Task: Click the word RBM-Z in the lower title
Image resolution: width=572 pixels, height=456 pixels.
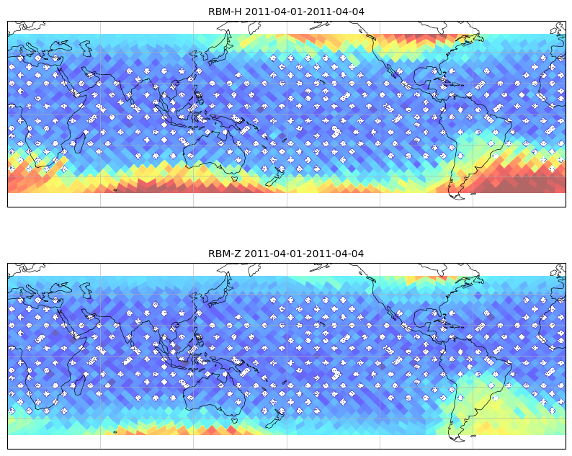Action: (224, 254)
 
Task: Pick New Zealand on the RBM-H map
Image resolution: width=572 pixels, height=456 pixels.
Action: (275, 176)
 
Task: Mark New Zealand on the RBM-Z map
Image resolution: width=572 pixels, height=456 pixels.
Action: (275, 418)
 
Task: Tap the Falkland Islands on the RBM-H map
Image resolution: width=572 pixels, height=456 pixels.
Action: (473, 194)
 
